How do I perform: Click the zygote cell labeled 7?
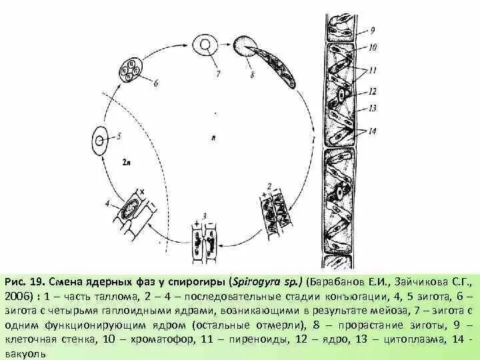205,45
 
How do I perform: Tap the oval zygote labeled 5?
99,141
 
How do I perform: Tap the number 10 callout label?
373,47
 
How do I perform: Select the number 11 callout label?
373,69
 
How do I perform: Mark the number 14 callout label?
373,131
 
